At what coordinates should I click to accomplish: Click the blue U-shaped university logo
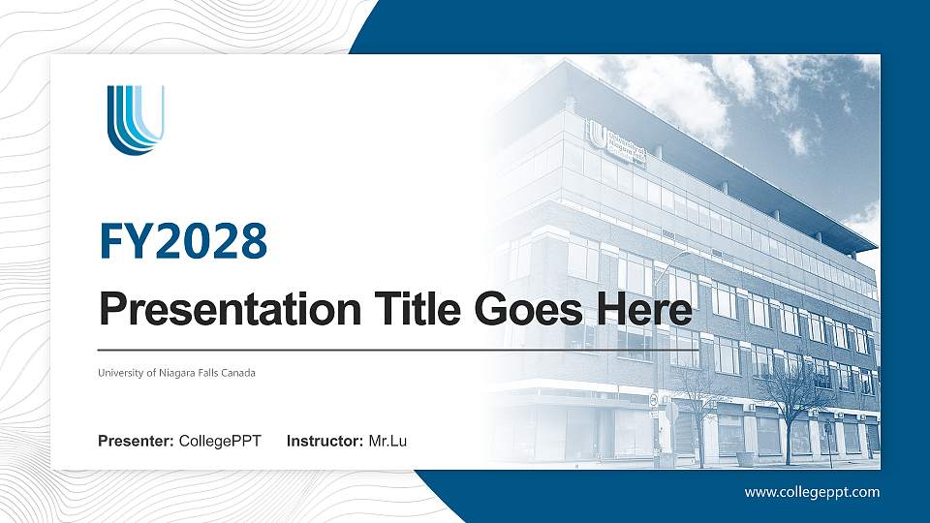click(135, 119)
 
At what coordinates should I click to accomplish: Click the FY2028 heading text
click(183, 241)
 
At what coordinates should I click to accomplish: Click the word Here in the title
click(645, 310)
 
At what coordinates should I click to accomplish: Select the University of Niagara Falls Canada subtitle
click(176, 373)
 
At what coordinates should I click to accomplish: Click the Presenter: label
click(137, 443)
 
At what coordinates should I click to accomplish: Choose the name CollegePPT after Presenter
click(220, 443)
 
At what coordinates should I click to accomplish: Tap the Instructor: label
click(325, 443)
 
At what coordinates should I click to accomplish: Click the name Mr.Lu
click(387, 443)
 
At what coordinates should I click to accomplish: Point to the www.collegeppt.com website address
click(812, 492)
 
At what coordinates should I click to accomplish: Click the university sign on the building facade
click(619, 138)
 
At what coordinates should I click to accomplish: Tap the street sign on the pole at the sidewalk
click(656, 400)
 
